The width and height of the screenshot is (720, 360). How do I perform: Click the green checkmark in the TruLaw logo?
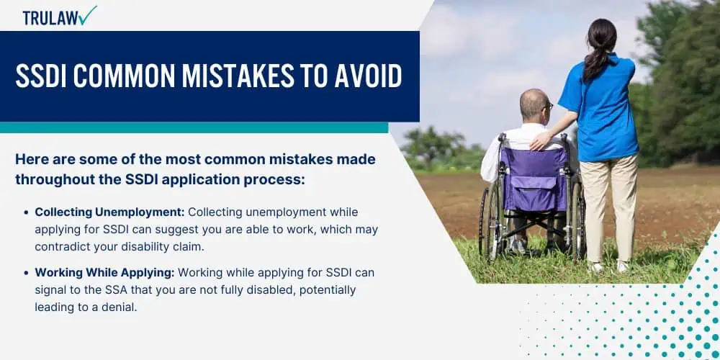(88, 16)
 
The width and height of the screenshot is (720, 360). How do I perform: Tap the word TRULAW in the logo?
(50, 17)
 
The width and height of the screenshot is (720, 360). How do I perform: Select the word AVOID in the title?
(368, 76)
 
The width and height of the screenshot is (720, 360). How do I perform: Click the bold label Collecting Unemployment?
(109, 212)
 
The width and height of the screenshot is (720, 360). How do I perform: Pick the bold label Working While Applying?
(104, 272)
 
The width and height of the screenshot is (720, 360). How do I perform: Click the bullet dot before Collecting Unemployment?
(26, 212)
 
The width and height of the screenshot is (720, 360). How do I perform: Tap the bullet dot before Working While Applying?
(26, 273)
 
